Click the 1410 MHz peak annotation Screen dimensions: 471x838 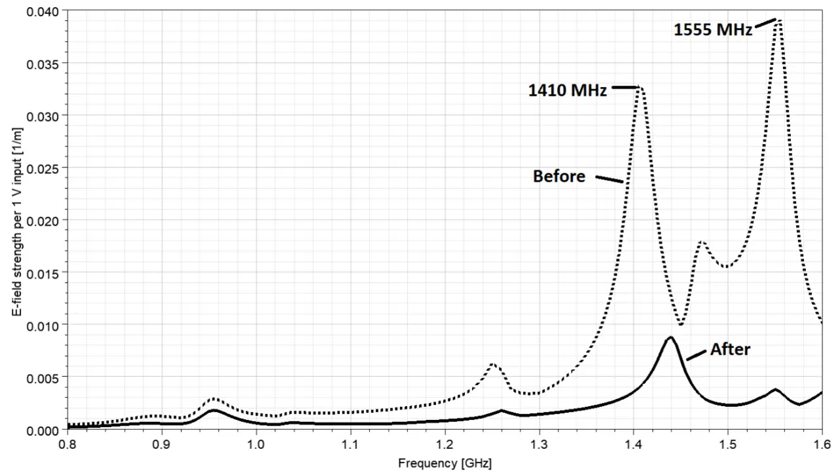coord(568,90)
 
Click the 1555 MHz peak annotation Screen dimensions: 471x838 coord(713,29)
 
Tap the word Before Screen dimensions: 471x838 coord(559,176)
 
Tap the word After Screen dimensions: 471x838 coord(730,349)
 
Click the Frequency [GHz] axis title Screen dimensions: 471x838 coord(445,462)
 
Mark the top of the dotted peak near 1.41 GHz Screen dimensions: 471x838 coord(641,87)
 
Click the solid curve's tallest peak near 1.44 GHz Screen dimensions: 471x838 coord(670,338)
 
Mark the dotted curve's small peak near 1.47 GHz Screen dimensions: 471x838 coord(701,242)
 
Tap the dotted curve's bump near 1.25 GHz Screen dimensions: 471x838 coord(492,364)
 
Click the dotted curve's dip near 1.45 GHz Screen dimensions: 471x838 coord(682,324)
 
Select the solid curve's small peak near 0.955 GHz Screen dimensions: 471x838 coord(214,410)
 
